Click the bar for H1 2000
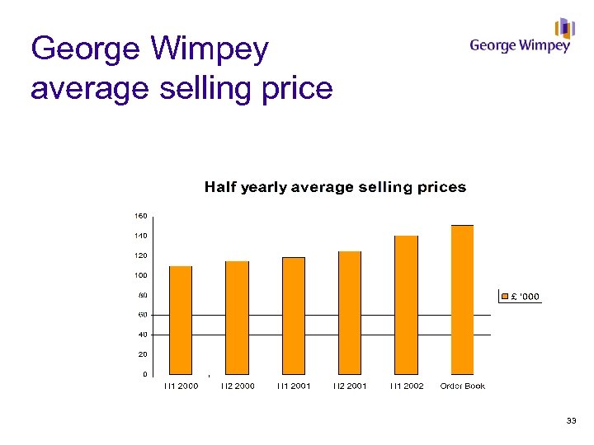[x=181, y=320]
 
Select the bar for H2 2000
[x=237, y=317]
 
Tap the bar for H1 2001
[x=294, y=316]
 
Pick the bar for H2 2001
[x=350, y=312]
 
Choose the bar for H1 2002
[x=406, y=305]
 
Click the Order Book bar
[x=463, y=299]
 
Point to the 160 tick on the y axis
[x=141, y=216]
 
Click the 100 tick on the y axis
[x=141, y=275]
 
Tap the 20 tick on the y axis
[x=143, y=354]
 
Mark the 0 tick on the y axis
[x=144, y=374]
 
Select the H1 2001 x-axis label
[x=294, y=386]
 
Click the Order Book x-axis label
[x=463, y=386]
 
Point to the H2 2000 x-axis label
[x=238, y=386]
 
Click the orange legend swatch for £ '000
[x=506, y=296]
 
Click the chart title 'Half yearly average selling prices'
[x=335, y=187]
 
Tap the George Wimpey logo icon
[x=564, y=28]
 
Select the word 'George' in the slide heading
[x=85, y=49]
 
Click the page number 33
[x=571, y=422]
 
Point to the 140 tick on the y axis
[x=141, y=236]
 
